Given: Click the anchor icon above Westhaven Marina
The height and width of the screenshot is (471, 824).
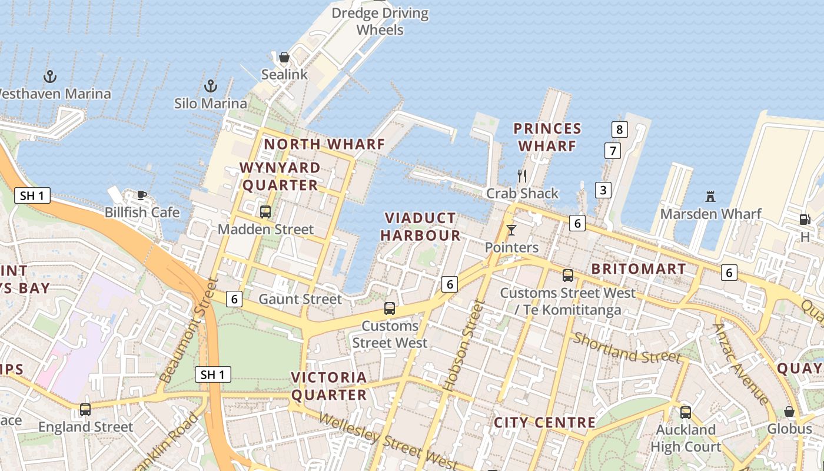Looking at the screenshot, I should pyautogui.click(x=50, y=77).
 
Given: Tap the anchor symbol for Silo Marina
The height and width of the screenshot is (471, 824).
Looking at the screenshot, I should pyautogui.click(x=210, y=87).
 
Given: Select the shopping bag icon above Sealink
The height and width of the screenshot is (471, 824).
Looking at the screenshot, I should pyautogui.click(x=284, y=57).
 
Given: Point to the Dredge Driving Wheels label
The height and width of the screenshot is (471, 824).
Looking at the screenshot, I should pyautogui.click(x=380, y=21).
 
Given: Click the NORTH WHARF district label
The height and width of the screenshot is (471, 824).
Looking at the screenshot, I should pyautogui.click(x=324, y=144).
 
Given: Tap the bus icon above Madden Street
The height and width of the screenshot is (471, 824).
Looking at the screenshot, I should pyautogui.click(x=265, y=212).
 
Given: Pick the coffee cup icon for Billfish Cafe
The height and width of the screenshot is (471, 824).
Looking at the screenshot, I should pyautogui.click(x=141, y=195).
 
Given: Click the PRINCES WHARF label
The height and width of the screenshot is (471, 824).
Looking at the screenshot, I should pyautogui.click(x=547, y=137).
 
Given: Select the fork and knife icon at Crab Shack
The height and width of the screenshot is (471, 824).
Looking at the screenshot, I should pyautogui.click(x=521, y=175).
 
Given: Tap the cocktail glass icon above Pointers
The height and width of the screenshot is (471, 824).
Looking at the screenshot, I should pyautogui.click(x=511, y=230).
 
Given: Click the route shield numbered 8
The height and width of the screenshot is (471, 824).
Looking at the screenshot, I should pyautogui.click(x=619, y=129).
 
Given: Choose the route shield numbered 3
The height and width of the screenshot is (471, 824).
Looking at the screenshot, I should pyautogui.click(x=603, y=190).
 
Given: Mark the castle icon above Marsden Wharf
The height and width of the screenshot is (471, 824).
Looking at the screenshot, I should pyautogui.click(x=710, y=196).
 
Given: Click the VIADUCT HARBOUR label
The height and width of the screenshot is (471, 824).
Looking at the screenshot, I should pyautogui.click(x=420, y=227).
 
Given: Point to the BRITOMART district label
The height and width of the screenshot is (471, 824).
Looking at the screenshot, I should pyautogui.click(x=639, y=269).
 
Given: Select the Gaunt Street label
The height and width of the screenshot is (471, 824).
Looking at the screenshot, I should pyautogui.click(x=300, y=299).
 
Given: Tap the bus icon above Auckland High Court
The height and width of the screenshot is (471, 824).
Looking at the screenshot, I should pyautogui.click(x=686, y=412).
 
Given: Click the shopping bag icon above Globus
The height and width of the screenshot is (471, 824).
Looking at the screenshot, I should pyautogui.click(x=789, y=412).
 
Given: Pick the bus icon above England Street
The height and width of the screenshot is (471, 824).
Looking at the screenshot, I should pyautogui.click(x=85, y=409).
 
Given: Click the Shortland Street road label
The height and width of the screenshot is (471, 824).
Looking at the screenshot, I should pyautogui.click(x=627, y=348).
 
